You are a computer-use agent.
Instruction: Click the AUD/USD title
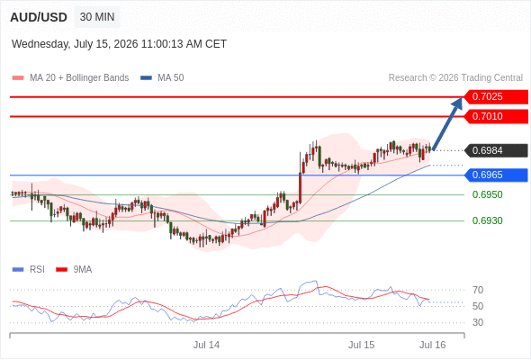coord(39,17)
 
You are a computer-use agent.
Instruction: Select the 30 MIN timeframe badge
coord(97,17)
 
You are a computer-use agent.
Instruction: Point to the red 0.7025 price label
coord(496,97)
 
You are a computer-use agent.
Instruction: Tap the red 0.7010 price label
coord(496,116)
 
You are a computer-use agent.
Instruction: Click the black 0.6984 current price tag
coord(496,150)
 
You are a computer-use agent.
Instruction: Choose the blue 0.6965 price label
coord(496,175)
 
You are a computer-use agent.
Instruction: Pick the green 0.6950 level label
coord(487,194)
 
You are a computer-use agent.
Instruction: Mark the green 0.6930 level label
coord(487,220)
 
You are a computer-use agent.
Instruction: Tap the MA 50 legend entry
coord(162,78)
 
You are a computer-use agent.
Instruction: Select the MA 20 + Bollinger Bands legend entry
coord(70,78)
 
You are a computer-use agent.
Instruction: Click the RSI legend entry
coord(29,270)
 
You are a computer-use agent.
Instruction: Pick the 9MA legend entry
coord(74,270)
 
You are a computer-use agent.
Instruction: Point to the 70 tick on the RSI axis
coord(478,290)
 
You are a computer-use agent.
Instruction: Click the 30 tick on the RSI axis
coord(478,322)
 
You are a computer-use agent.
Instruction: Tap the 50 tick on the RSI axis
coord(478,306)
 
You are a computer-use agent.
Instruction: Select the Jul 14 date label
coord(206,345)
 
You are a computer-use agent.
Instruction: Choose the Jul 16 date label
coord(433,345)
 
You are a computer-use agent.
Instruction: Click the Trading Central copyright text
coord(455,78)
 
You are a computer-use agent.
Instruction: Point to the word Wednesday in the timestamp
coord(40,44)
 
